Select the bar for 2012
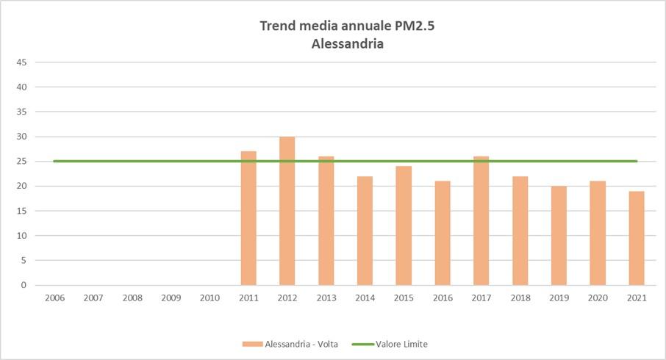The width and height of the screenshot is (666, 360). pos(287,211)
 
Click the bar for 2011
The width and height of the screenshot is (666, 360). pos(248,218)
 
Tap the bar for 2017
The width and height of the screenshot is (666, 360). pos(481,220)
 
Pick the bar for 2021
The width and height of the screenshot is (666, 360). pos(637,238)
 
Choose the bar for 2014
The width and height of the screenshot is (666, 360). pos(365,231)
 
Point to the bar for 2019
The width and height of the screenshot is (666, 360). pos(559,235)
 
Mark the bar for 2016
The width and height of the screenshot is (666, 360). pos(443,233)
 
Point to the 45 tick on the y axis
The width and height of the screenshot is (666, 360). pos(22,62)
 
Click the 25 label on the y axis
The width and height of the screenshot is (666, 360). pos(22,162)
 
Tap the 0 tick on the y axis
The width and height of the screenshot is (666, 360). pos(24,285)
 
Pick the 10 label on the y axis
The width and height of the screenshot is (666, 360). pos(22,236)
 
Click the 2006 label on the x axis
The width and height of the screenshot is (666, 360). pos(54,298)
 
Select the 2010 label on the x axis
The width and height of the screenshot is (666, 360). pos(210,298)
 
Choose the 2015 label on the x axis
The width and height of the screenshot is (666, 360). pos(404,298)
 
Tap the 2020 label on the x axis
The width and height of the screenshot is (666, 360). pos(598,298)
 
